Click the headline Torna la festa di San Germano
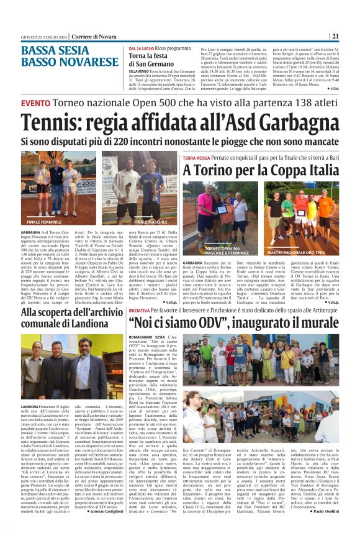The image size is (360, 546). coord(150,60)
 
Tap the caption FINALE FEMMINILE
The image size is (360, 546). coord(44,222)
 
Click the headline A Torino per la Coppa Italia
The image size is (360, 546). coord(261,170)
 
